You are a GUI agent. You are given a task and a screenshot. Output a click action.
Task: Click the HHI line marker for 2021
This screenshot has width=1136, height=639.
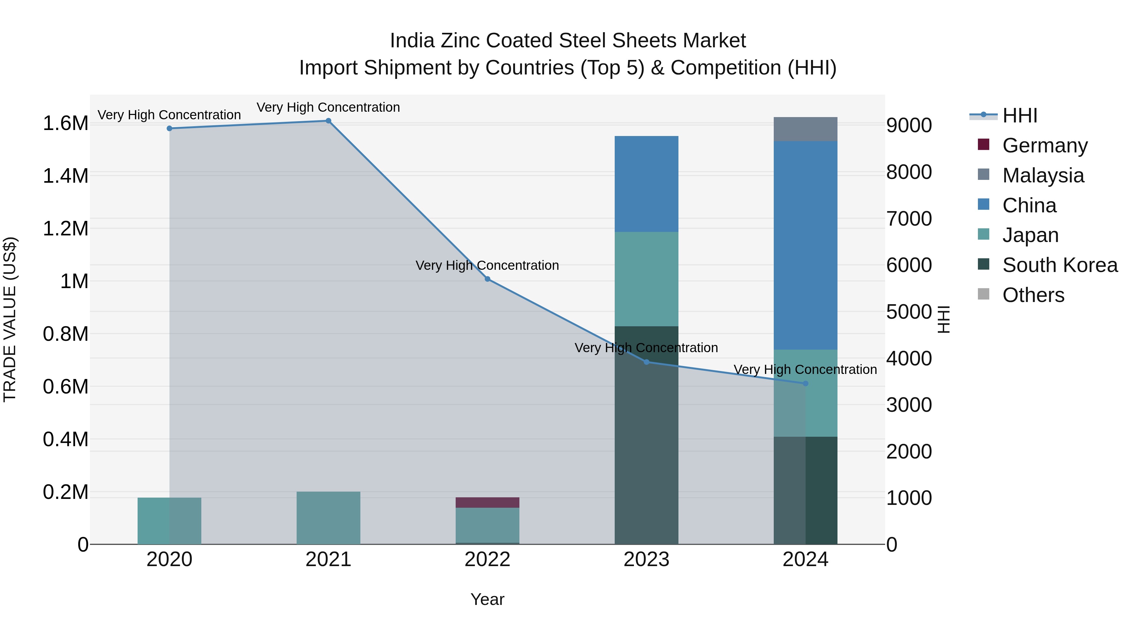point(328,121)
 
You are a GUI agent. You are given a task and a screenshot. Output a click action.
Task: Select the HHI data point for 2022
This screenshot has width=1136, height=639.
point(487,279)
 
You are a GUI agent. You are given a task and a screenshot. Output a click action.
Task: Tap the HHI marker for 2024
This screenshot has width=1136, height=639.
point(805,384)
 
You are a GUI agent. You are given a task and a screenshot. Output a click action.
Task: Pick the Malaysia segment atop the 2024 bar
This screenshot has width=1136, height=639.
point(805,129)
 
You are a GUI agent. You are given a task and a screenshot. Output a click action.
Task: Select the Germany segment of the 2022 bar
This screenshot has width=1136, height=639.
point(487,502)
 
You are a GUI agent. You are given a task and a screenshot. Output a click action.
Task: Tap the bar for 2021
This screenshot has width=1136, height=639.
point(328,518)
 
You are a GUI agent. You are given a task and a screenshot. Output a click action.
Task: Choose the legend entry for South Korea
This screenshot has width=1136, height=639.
point(1060,265)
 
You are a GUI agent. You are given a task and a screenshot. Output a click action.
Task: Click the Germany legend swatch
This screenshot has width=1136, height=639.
point(983,145)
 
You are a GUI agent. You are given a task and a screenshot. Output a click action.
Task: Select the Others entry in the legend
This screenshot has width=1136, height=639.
point(1033,295)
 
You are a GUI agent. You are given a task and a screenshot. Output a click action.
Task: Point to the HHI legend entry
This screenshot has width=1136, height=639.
point(1020,115)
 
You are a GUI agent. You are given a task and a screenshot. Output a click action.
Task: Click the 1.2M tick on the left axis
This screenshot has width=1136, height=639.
point(65,228)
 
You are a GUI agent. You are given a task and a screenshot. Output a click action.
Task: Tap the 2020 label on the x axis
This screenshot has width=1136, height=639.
point(169,559)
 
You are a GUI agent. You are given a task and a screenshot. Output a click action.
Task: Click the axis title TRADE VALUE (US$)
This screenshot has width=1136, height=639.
point(10,319)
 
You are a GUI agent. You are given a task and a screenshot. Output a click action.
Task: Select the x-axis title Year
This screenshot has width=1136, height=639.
point(487,599)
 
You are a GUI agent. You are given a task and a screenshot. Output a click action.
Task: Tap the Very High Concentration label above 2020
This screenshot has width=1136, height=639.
point(169,115)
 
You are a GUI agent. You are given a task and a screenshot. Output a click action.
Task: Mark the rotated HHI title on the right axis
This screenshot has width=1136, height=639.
point(943,319)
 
